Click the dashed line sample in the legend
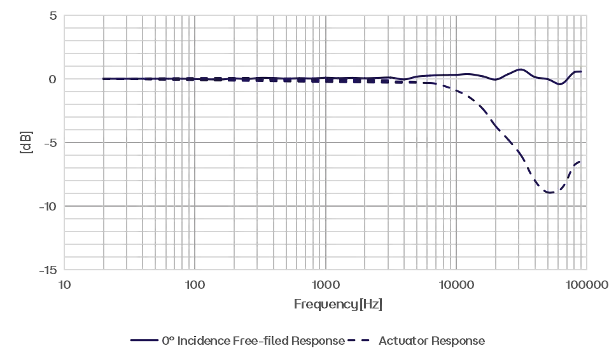click(x=361, y=341)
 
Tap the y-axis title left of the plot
click(x=25, y=141)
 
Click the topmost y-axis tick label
click(x=52, y=16)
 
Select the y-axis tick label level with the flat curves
click(x=52, y=79)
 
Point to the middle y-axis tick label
click(x=50, y=142)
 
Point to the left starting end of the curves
click(x=104, y=79)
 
